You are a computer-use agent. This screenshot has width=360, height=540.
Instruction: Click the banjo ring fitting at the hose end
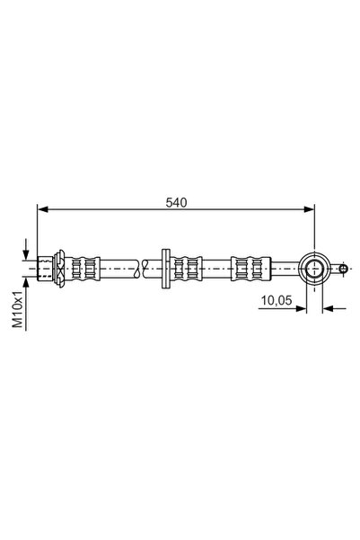[x=315, y=268]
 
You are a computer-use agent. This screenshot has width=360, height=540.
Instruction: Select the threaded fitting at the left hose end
[x=46, y=268]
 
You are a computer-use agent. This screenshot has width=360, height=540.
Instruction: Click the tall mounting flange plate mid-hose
[x=165, y=268]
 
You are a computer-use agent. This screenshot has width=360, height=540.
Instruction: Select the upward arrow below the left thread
[x=28, y=281]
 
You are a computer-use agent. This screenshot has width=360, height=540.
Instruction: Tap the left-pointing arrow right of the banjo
[x=328, y=308]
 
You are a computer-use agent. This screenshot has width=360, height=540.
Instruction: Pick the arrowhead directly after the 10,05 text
[x=303, y=308]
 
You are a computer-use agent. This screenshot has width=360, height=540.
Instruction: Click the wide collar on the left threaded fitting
[x=59, y=268]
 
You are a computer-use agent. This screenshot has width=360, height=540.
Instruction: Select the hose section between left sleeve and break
[x=117, y=268]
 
